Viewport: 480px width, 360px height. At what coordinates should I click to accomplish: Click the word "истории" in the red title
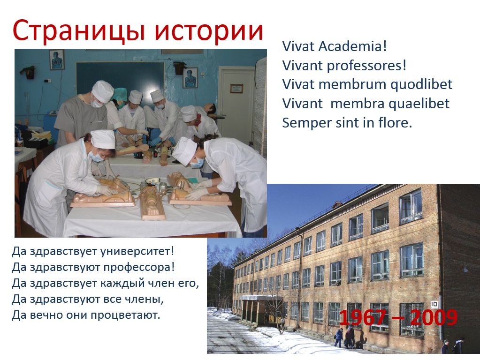coord(209,30)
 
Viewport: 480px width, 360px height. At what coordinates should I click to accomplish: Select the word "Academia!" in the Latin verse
coord(353,46)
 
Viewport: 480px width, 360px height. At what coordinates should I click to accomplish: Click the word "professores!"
coord(367,66)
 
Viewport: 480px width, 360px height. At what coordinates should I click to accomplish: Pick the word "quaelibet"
coord(419,104)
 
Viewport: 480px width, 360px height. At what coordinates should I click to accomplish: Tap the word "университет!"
coord(137,252)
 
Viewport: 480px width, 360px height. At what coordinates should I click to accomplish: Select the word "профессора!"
coord(139,267)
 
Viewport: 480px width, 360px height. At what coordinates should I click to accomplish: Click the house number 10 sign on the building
coord(434,304)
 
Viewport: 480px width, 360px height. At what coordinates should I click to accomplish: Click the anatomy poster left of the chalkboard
coord(57,60)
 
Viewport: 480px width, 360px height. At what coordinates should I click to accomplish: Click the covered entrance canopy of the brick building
coord(260,297)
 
